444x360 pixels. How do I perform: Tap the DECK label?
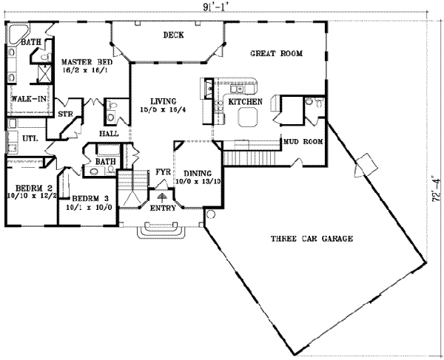point(172,35)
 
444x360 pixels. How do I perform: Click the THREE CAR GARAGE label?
point(311,239)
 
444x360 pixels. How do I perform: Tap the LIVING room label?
point(160,103)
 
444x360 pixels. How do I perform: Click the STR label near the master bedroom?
point(64,114)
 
